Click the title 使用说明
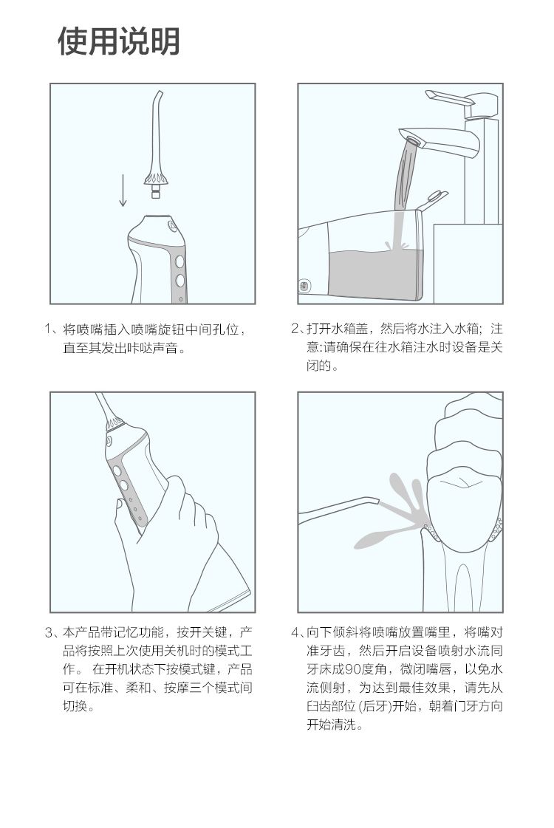(x=119, y=41)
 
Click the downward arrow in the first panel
(x=123, y=190)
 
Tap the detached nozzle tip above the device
(x=155, y=143)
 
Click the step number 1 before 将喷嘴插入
(x=48, y=329)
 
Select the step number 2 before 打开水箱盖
(x=295, y=329)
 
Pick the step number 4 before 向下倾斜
(x=295, y=632)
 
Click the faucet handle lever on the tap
(x=449, y=98)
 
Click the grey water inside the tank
(x=375, y=273)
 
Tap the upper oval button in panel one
(x=179, y=261)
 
